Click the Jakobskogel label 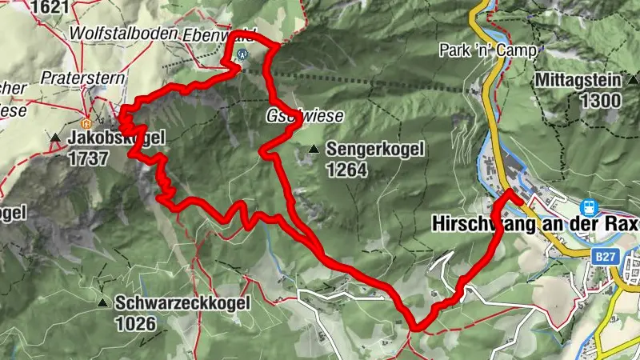coord(117,138)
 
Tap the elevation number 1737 coord(88,158)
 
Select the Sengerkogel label coord(373,150)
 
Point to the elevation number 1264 coord(346,170)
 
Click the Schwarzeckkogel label coord(182,303)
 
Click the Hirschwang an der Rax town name coord(535,225)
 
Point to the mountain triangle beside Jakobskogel coord(55,138)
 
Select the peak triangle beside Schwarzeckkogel coord(102,303)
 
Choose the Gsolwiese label coord(305,116)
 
